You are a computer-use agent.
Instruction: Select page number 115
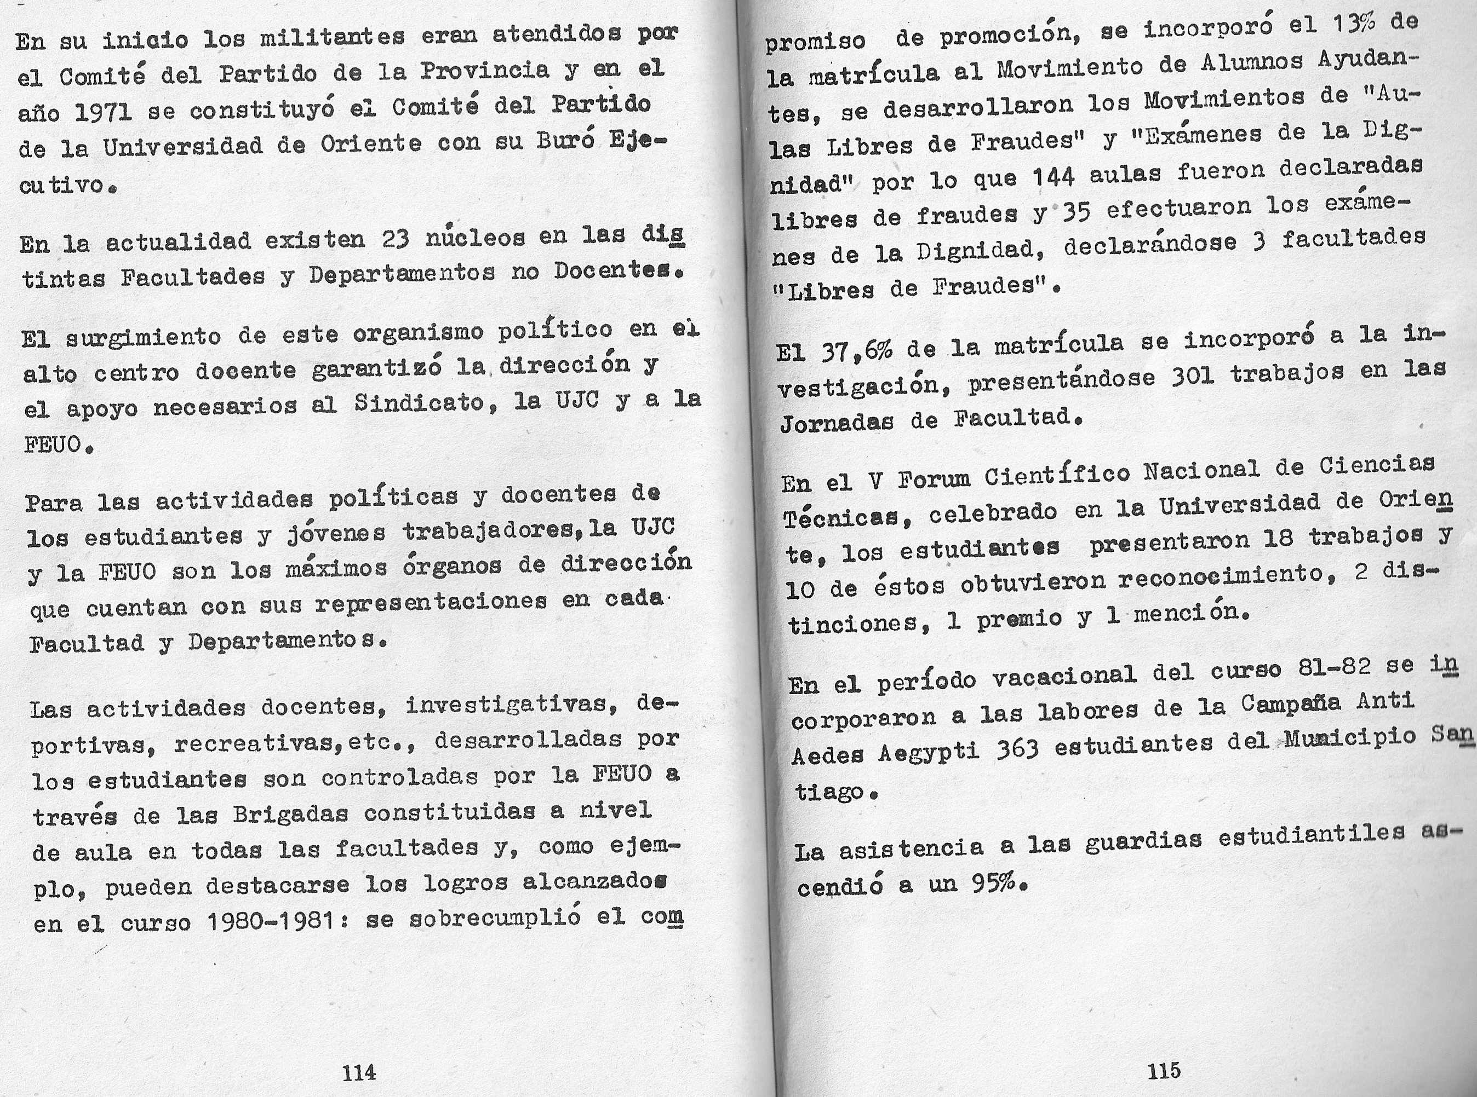pos(1164,1070)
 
